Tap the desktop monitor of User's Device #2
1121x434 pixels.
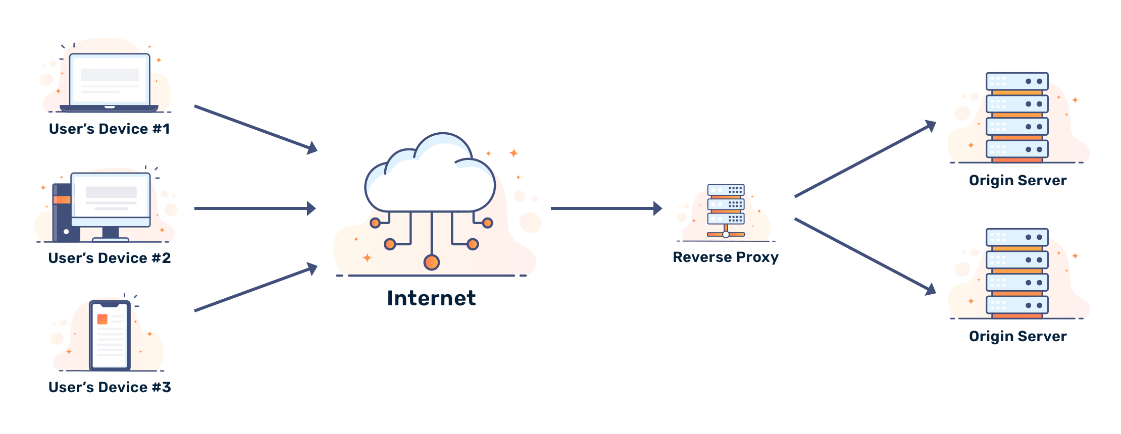click(111, 199)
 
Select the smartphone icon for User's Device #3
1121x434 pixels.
click(110, 335)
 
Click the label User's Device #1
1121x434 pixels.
click(109, 129)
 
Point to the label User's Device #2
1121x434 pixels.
click(110, 258)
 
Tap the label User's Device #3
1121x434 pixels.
click(110, 387)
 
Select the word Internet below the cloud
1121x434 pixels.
click(432, 298)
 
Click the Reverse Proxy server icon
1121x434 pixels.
click(726, 211)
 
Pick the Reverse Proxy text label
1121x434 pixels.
click(726, 257)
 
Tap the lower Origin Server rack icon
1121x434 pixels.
click(1017, 273)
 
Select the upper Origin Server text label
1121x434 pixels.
click(1018, 181)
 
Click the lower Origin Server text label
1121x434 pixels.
click(1018, 337)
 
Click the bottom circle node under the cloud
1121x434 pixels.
click(431, 262)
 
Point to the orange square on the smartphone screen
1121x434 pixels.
click(102, 319)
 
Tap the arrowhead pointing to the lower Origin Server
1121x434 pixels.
click(932, 289)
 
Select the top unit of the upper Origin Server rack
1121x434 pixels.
click(1017, 81)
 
